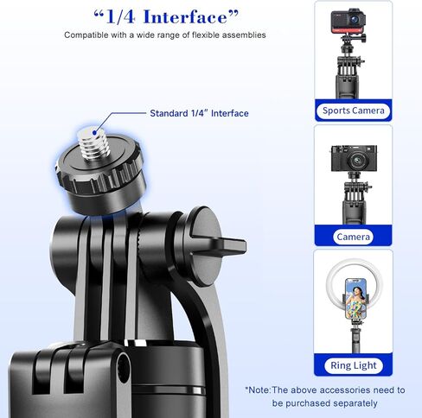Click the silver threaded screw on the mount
[x=93, y=143]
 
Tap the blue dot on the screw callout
[x=94, y=133]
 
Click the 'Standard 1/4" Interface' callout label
[x=199, y=113]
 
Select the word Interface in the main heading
[x=185, y=17]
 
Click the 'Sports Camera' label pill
[x=354, y=111]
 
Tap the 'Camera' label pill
[x=353, y=237]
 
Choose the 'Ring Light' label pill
[x=354, y=365]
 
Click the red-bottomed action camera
[x=348, y=22]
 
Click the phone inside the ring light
[x=355, y=299]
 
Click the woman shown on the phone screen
[x=355, y=301]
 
